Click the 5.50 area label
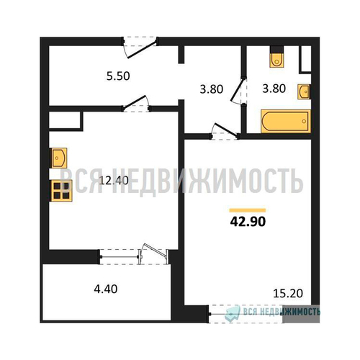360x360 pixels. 118,76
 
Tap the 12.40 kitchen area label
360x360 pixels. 114,181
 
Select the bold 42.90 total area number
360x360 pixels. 248,222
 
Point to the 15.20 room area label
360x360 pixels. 288,293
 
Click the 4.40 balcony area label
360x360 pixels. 106,289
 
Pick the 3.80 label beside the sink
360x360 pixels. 274,89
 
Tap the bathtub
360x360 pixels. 286,121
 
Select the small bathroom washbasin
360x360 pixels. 304,91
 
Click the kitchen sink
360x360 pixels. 58,158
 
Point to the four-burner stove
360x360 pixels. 61,191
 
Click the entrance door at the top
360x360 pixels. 140,48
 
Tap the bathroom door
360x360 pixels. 239,90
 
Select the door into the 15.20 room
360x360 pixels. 225,131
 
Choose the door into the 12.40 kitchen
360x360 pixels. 136,104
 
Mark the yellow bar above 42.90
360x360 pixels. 248,210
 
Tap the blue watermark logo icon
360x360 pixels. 233,312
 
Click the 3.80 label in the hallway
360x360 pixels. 212,89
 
